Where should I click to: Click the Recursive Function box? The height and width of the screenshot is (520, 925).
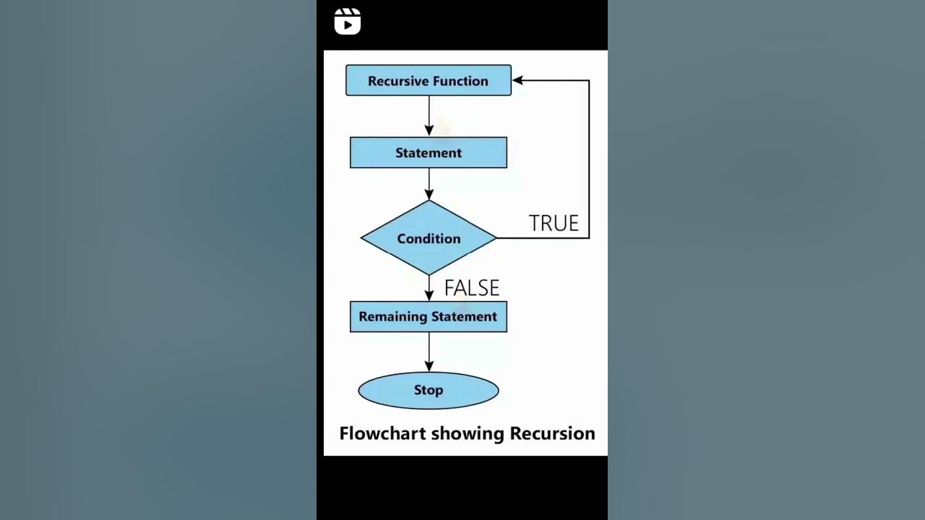coord(429,80)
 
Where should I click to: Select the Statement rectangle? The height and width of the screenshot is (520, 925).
coord(429,152)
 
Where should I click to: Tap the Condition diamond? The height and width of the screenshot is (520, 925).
coord(429,238)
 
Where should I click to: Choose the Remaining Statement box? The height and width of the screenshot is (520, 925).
coord(429,316)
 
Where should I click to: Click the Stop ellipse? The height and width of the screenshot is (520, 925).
coord(429,390)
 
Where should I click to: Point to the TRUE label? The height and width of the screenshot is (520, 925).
coord(554,223)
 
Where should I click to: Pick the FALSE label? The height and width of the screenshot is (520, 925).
coord(472,288)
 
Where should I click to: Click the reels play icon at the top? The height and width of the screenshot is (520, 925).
coord(348,22)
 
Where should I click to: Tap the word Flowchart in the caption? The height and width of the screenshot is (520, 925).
coord(382,433)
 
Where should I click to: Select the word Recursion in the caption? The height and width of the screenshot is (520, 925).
coord(552,433)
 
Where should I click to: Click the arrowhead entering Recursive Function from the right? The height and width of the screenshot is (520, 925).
coord(518,80)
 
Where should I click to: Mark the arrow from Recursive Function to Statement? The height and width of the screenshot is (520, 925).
coord(429,116)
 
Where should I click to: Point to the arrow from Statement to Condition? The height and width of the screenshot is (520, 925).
coord(429,184)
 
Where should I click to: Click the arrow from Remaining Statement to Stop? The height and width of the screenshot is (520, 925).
coord(429,352)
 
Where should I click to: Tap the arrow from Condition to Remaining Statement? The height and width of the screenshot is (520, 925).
coord(429,288)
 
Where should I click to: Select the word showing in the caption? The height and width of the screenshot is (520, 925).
coord(468,433)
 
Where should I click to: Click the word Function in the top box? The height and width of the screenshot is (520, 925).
coord(459,81)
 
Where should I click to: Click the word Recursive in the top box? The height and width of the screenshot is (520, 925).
coord(397,81)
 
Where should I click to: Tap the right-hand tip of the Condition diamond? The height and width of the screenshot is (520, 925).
coord(495,238)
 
